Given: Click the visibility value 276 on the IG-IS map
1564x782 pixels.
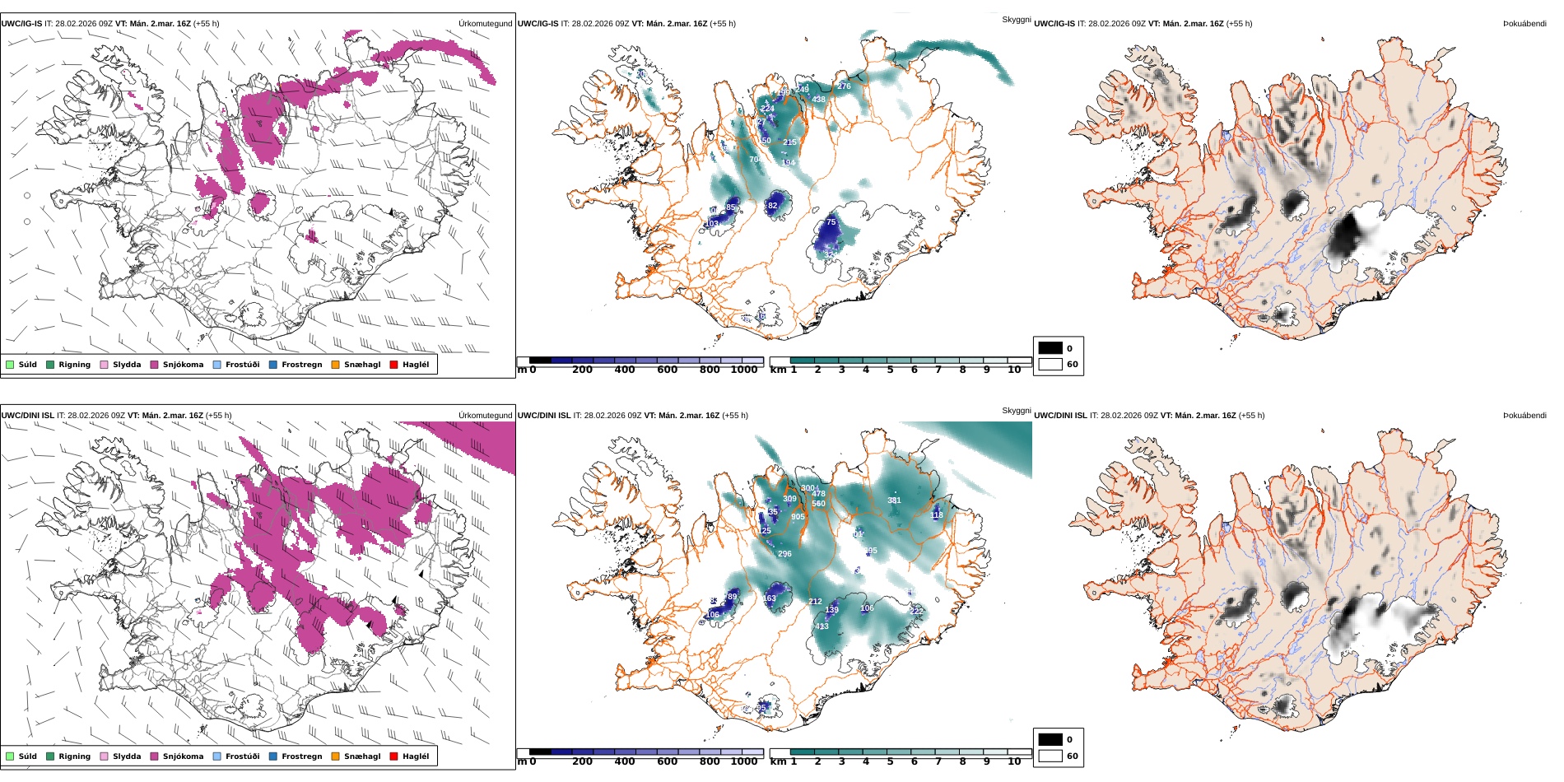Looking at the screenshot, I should [844, 86].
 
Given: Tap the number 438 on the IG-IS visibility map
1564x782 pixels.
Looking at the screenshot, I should [818, 100].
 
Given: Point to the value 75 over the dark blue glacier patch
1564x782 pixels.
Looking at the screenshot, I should [831, 222].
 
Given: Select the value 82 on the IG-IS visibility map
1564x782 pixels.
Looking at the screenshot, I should [772, 206].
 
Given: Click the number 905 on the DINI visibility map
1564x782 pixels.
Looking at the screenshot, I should [798, 517].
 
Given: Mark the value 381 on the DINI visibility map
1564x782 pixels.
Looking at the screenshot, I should [894, 500].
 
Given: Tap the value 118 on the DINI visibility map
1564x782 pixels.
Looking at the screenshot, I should [937, 515].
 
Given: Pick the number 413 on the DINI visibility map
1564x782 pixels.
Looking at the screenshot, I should [822, 627].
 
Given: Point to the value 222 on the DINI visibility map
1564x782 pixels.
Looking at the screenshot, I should [916, 612].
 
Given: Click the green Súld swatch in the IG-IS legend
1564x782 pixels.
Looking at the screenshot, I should [10, 365].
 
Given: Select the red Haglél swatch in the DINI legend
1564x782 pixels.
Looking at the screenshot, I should [393, 756].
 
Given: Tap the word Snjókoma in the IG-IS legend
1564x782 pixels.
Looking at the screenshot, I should [183, 365].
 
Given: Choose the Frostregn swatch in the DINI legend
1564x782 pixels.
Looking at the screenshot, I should [273, 756].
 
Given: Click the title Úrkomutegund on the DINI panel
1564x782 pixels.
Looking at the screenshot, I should [485, 416].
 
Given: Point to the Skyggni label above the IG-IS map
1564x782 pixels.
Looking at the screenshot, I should [1016, 19].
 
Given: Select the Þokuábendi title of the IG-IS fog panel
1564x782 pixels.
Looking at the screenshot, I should [1524, 24].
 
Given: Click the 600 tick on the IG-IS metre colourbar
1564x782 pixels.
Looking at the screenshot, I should [667, 370].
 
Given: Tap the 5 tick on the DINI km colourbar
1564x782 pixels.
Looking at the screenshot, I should [890, 761].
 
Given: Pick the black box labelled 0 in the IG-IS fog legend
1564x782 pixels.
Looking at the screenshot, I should [1050, 348].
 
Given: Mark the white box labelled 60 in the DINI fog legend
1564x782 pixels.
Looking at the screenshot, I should [1050, 756].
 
